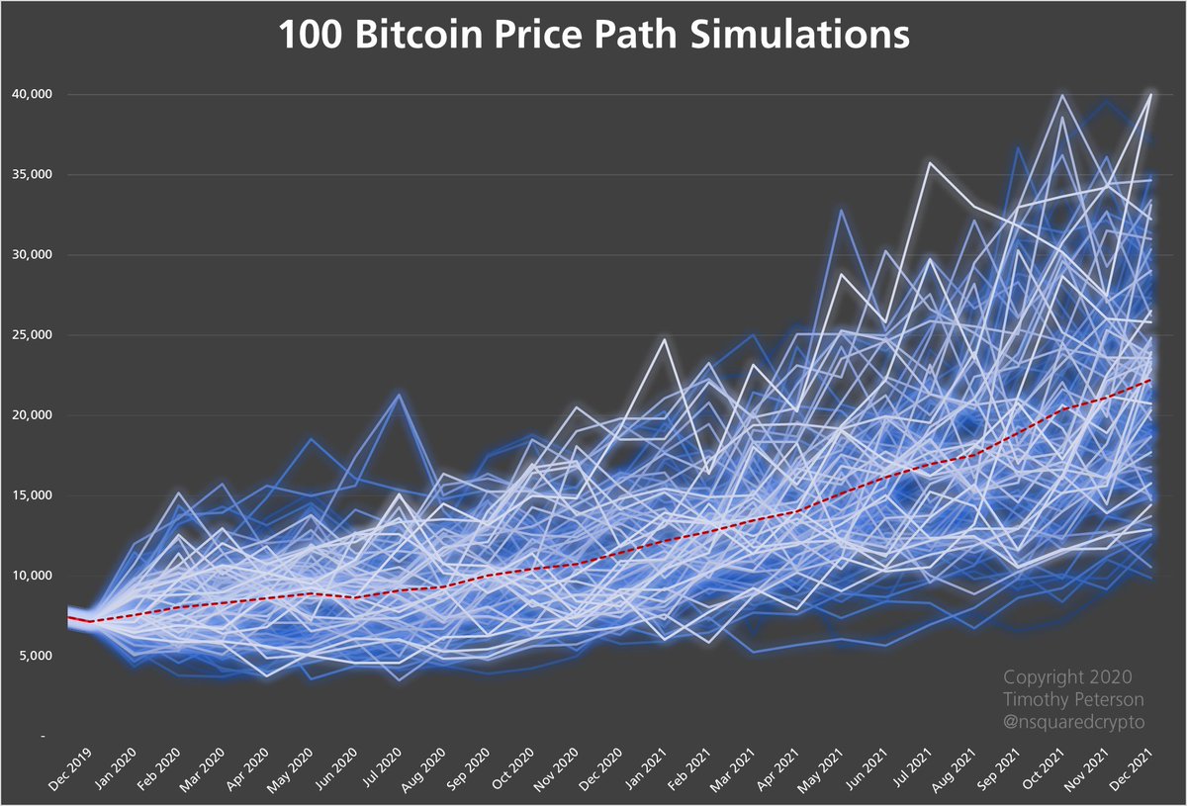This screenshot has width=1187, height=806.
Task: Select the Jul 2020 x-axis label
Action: [x=383, y=769]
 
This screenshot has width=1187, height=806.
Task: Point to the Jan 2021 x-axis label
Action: [x=649, y=769]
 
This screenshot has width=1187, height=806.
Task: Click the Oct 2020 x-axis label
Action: [x=515, y=769]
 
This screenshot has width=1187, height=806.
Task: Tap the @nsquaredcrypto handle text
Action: [x=1074, y=722]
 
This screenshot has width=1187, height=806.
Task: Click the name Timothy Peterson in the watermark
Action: [x=1074, y=700]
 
